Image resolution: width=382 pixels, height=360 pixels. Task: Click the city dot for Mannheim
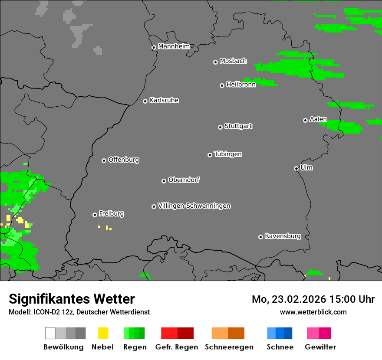click(154, 48)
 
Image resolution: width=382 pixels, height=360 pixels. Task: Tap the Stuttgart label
click(238, 126)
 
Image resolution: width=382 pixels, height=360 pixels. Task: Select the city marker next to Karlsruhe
click(145, 101)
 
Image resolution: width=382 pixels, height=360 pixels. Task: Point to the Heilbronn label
click(241, 85)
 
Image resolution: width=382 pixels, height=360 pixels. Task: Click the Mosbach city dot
click(215, 62)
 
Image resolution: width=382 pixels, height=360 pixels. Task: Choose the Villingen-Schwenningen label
click(194, 206)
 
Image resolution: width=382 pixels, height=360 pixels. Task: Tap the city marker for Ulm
click(296, 169)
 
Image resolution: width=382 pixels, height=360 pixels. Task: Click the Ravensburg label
click(283, 236)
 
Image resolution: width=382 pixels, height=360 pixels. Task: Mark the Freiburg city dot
click(95, 215)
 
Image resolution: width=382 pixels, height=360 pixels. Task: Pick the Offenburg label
click(124, 160)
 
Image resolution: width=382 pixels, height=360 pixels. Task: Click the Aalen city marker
click(305, 120)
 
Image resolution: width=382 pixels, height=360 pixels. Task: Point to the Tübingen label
click(228, 154)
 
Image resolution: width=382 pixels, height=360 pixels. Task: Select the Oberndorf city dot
click(164, 181)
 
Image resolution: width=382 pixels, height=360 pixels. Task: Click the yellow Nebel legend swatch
click(103, 333)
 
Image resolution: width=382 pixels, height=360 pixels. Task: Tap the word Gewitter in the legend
click(320, 347)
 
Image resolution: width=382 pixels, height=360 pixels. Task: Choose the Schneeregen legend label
click(229, 347)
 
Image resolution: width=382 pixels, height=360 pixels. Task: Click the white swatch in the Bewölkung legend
click(50, 333)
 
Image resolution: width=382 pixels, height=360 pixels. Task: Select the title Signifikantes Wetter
click(72, 299)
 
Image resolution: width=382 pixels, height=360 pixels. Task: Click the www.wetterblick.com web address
click(313, 312)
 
